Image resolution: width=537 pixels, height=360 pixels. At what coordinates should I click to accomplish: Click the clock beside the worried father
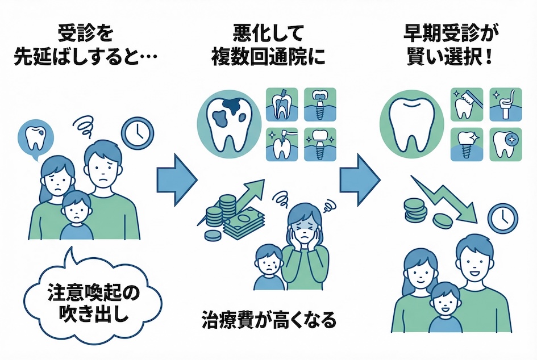click(137, 132)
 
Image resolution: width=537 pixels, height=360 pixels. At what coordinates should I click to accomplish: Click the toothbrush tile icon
click(467, 103)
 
